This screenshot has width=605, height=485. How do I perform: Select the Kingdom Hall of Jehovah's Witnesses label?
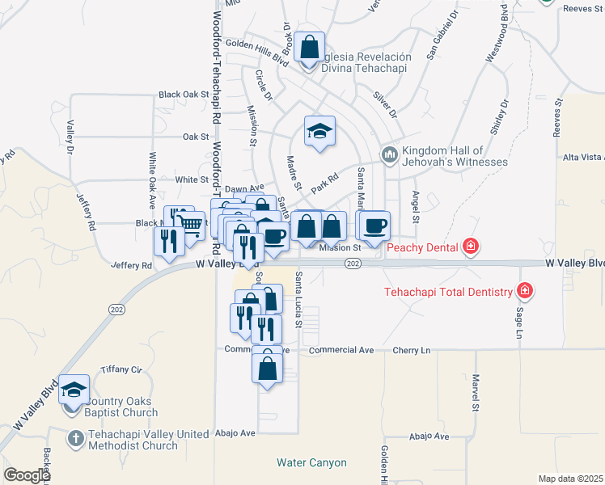[x=442, y=156]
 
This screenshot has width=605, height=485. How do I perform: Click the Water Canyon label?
[x=311, y=463]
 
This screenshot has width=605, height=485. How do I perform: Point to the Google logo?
[x=26, y=475]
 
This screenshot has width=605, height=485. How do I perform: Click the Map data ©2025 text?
[x=570, y=479]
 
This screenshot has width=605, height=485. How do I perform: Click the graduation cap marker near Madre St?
[x=319, y=131]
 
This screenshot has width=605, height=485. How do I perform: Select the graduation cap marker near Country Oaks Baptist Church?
[x=74, y=390]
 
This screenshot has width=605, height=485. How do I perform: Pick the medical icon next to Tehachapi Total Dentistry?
[x=525, y=291]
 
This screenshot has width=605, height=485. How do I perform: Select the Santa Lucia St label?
[x=298, y=299]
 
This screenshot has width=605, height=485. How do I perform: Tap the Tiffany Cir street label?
[x=121, y=369]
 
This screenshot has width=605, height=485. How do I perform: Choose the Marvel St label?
[x=476, y=392]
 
